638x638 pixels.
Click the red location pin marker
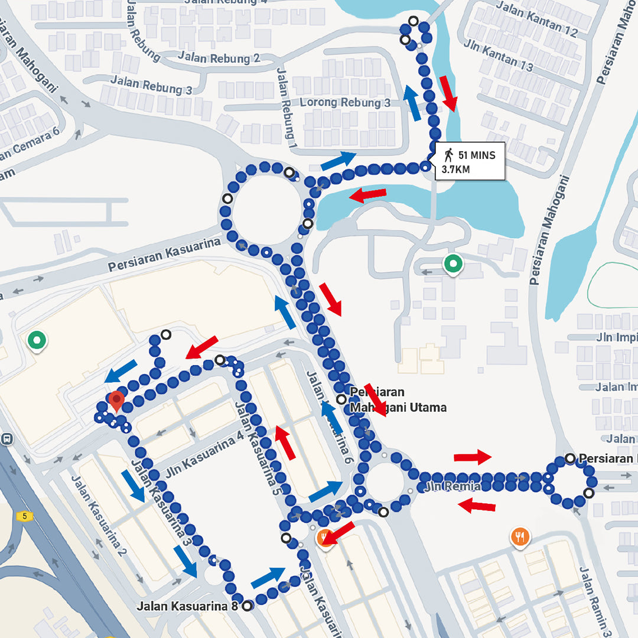click(x=116, y=401)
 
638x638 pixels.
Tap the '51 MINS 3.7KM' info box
click(x=470, y=161)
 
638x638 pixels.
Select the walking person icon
click(x=449, y=155)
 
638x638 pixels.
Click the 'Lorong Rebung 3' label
click(x=345, y=102)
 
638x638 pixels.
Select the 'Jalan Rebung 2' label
click(x=219, y=58)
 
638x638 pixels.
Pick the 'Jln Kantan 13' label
click(x=507, y=57)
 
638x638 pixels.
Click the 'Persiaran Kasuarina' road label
click(x=164, y=255)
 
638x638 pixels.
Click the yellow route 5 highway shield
click(x=24, y=516)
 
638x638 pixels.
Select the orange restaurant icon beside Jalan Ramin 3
click(x=520, y=536)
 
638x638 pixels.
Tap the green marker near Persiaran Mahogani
click(x=453, y=263)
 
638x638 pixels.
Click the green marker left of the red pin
click(x=37, y=340)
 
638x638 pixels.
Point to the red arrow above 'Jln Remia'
click(x=472, y=457)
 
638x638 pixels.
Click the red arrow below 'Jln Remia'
click(x=477, y=506)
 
